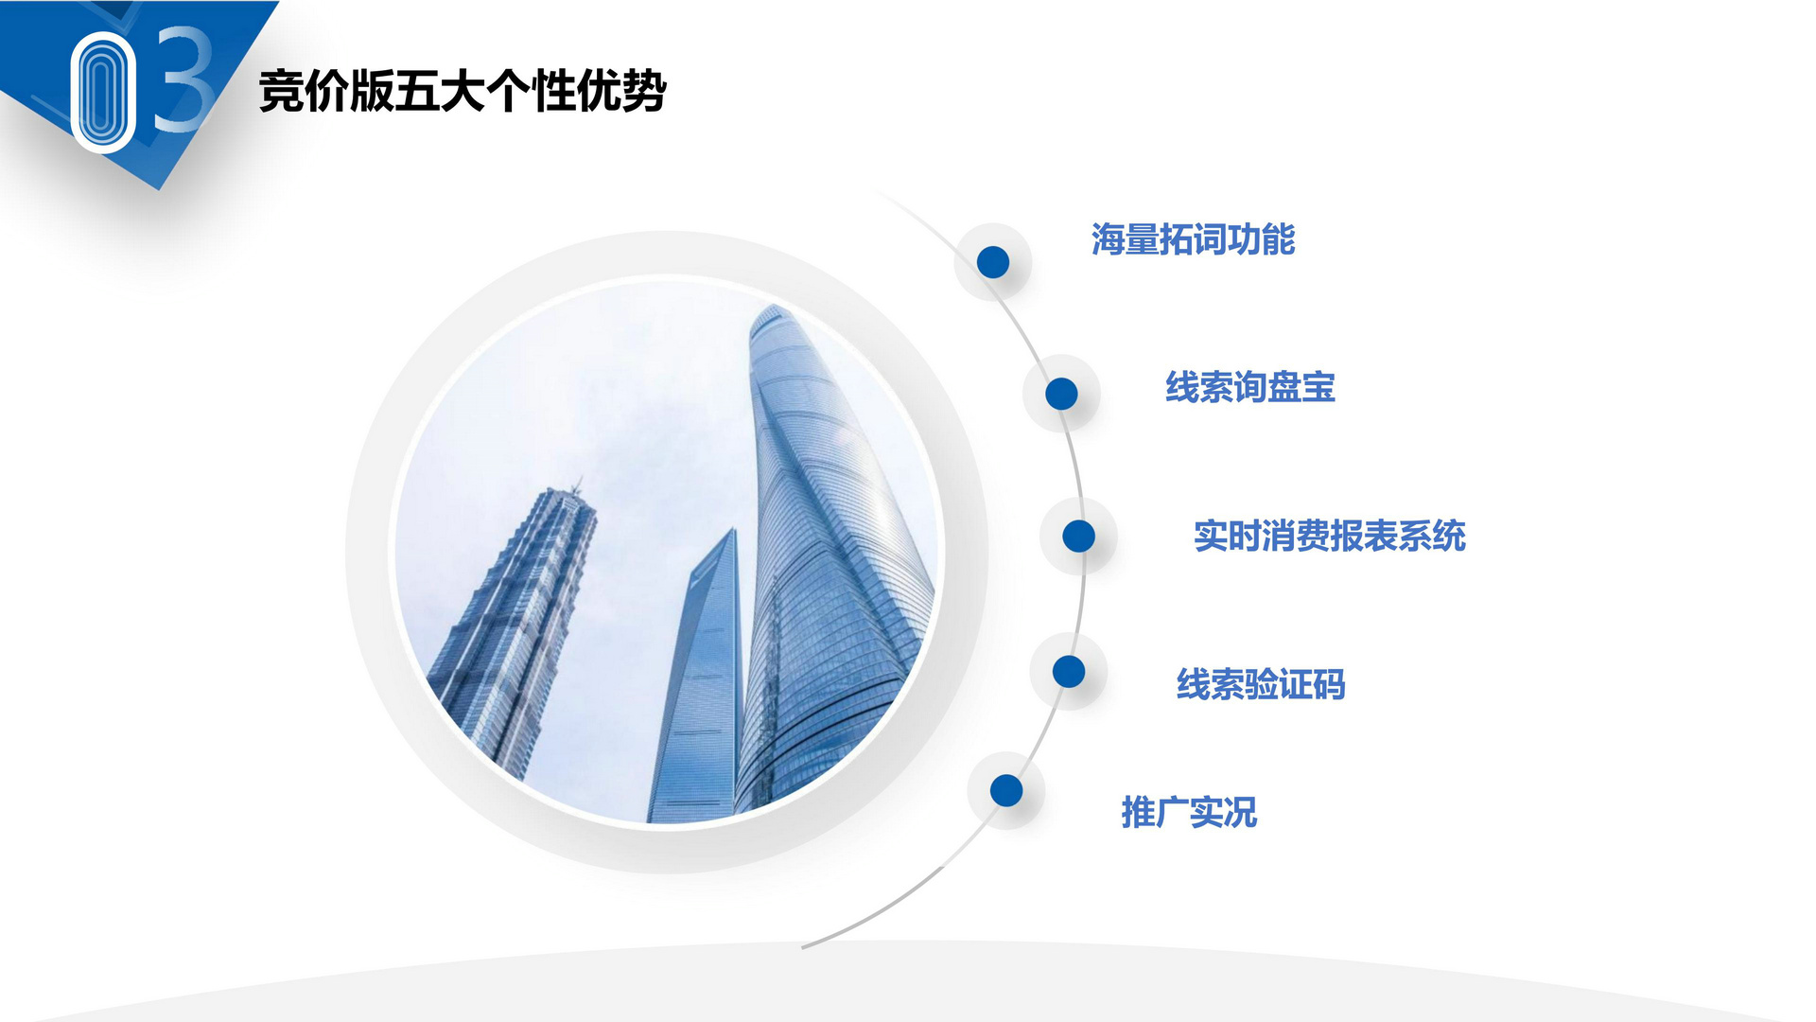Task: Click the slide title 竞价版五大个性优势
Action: pos(463,92)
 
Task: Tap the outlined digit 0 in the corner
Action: pos(103,92)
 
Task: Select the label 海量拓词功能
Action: pos(1193,239)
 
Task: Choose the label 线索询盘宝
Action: pos(1250,387)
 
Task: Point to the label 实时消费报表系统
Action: pos(1330,536)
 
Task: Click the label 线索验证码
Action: pos(1261,684)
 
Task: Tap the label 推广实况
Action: pos(1189,812)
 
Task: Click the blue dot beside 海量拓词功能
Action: pos(993,262)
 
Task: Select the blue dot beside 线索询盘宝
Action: pos(1061,394)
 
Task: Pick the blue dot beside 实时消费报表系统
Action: pos(1078,536)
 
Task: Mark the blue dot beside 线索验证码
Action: pos(1069,672)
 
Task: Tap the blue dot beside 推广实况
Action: pos(1006,790)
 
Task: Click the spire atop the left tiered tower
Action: pos(575,485)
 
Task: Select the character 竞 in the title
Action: pos(281,92)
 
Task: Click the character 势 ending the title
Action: pos(645,92)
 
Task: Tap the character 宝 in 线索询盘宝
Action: pos(1318,387)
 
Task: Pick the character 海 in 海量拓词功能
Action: pos(1108,239)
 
